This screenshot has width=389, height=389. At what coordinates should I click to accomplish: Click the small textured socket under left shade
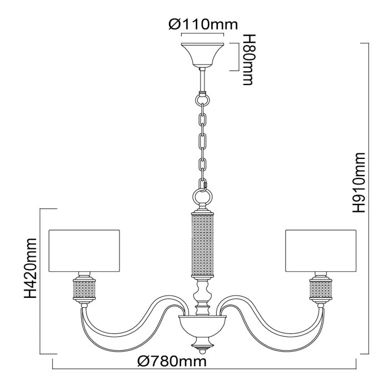(84, 289)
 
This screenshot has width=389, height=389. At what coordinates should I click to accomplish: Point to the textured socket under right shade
(321, 289)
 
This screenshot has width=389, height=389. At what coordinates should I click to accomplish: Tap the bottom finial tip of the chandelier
(202, 350)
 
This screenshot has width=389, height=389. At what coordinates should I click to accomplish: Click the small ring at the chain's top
(202, 101)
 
